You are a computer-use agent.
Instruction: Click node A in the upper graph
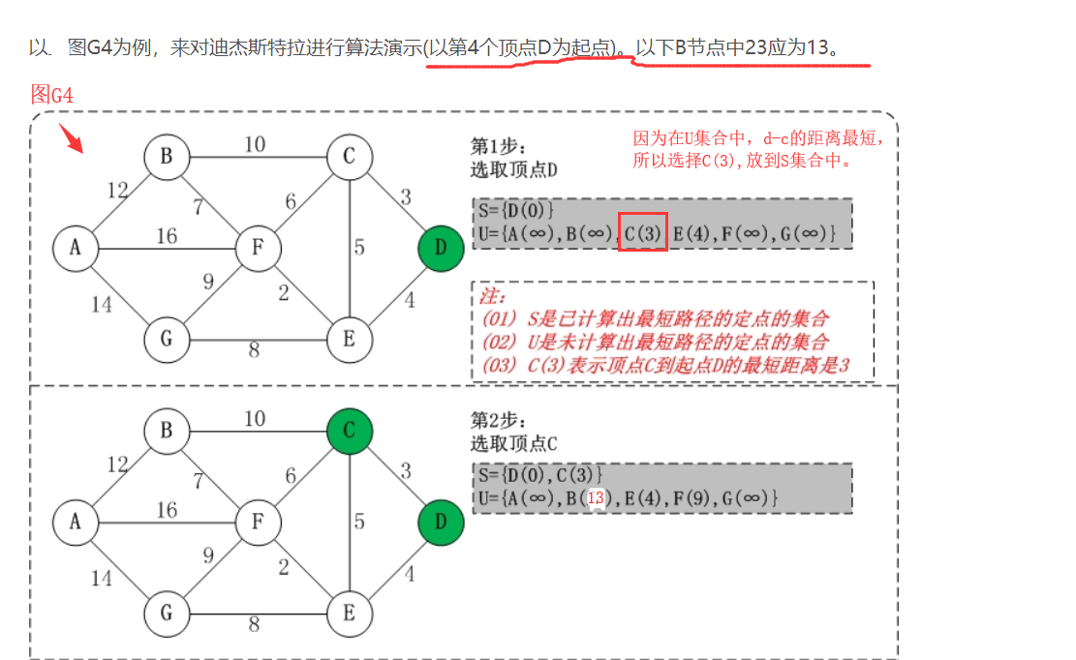click(76, 248)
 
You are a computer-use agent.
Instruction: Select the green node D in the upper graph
click(441, 248)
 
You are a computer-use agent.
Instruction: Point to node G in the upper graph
click(167, 339)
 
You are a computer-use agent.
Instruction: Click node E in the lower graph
click(350, 614)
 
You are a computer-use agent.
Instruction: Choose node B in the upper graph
click(167, 157)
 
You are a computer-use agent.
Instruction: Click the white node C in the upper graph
click(350, 157)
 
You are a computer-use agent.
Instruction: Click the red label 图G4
click(52, 95)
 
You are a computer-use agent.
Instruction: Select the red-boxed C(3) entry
click(643, 233)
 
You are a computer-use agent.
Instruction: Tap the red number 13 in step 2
click(596, 497)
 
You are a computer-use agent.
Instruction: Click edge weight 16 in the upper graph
click(167, 235)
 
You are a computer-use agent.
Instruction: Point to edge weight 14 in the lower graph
click(102, 579)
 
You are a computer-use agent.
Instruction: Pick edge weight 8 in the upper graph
click(254, 350)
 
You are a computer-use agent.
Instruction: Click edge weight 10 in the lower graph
click(254, 419)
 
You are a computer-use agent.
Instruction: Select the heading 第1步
click(498, 146)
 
